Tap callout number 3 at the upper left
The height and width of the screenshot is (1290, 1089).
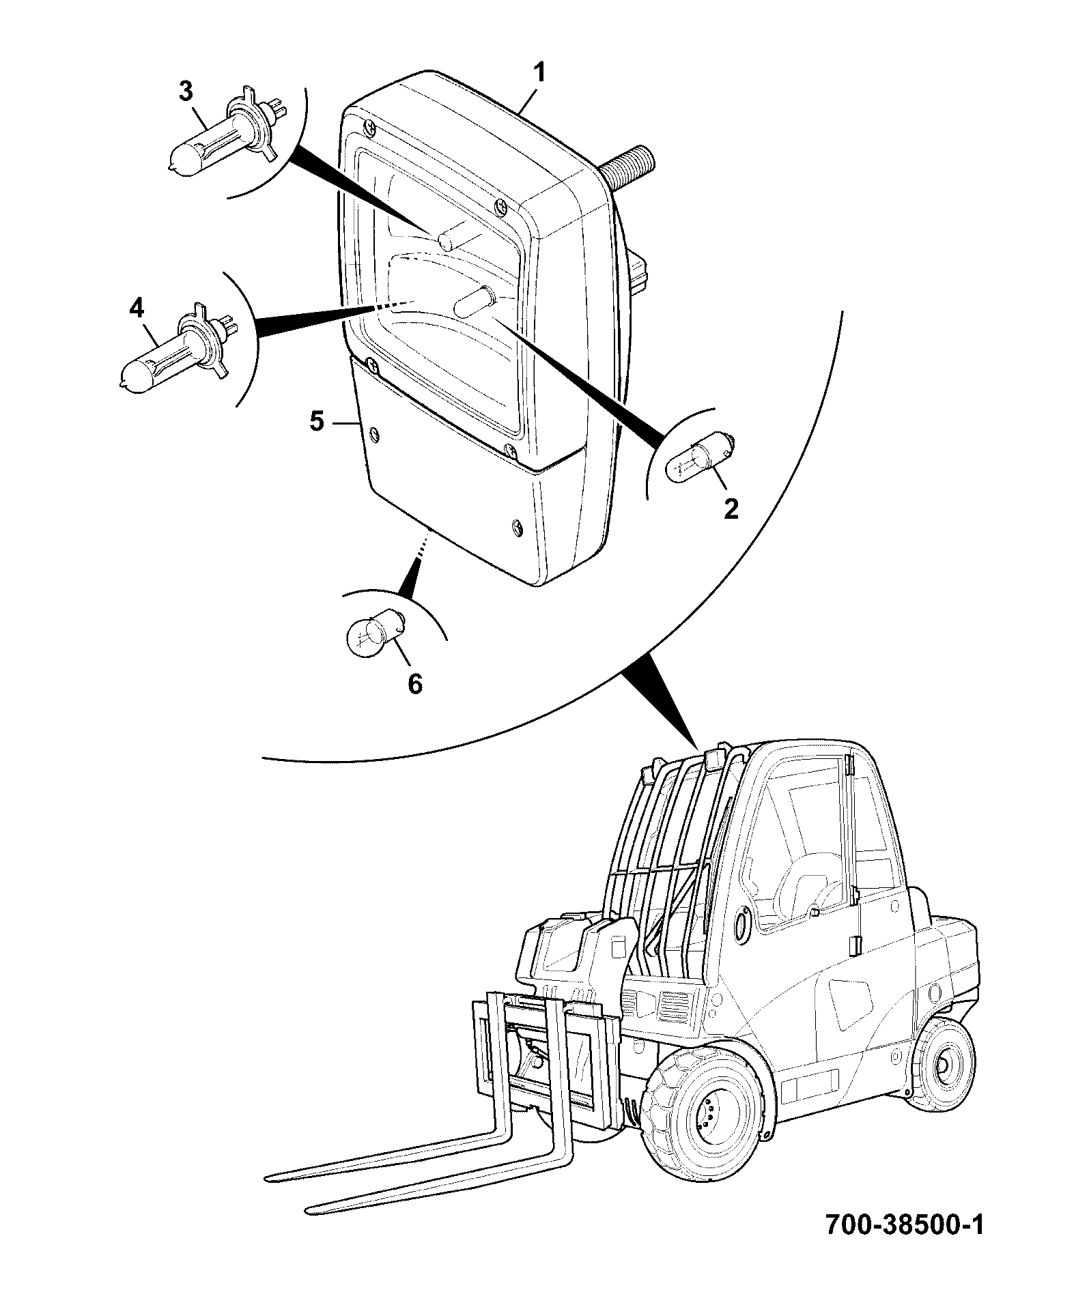(186, 91)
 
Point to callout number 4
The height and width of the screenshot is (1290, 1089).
(137, 309)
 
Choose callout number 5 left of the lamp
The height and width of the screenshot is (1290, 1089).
(317, 421)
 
